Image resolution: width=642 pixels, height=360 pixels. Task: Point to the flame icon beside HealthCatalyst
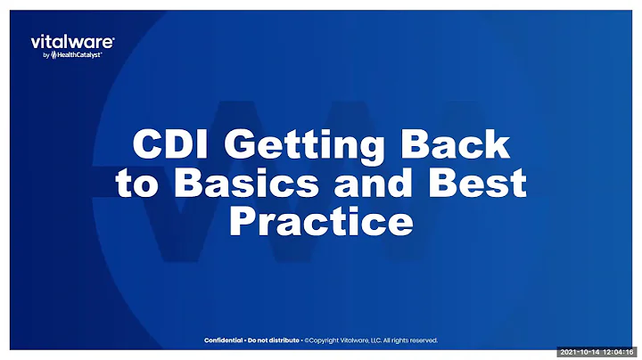pos(52,54)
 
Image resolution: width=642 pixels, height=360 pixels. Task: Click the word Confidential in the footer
pos(224,340)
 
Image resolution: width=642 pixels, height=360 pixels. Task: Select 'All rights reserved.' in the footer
pos(411,340)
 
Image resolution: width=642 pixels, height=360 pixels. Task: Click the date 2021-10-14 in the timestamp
pos(580,353)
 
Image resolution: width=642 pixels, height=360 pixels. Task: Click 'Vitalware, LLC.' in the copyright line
pos(366,340)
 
